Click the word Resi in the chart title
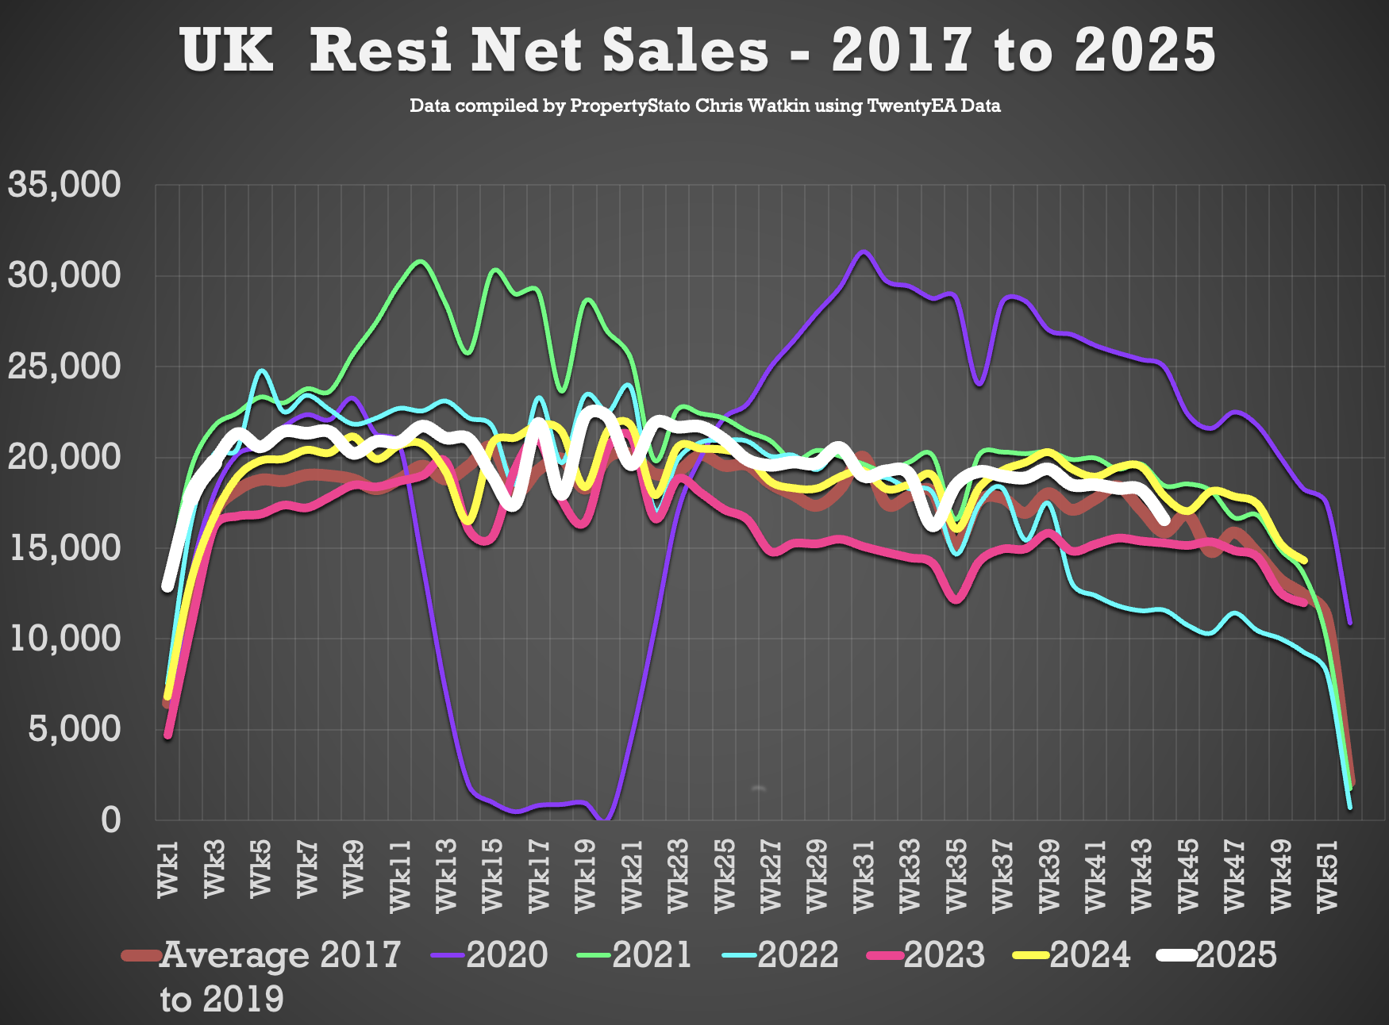click(x=380, y=50)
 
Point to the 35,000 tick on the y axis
click(x=64, y=185)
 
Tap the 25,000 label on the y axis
click(x=64, y=367)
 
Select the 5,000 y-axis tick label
click(x=75, y=729)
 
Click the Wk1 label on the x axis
click(x=169, y=870)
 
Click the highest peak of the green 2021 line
click(x=421, y=261)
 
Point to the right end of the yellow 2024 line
click(x=1304, y=561)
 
